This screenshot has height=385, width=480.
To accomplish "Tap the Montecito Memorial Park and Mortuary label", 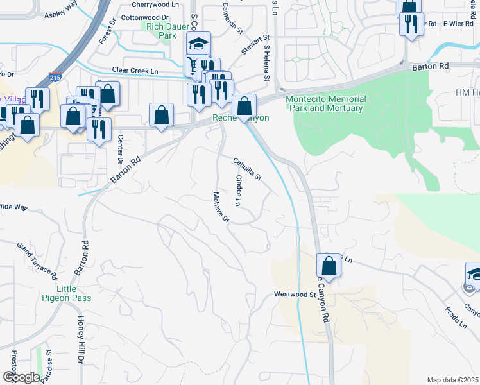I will (325, 103).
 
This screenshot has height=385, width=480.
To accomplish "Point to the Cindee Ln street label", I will (239, 191).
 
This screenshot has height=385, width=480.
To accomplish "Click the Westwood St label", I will (295, 295).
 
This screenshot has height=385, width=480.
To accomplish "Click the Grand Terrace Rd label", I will (36, 261).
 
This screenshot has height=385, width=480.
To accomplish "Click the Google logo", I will (21, 377).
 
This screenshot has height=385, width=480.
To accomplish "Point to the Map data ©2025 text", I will (452, 380).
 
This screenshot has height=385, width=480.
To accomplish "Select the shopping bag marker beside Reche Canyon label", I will (244, 105).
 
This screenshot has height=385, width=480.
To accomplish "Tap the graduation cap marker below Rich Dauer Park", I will (199, 43).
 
